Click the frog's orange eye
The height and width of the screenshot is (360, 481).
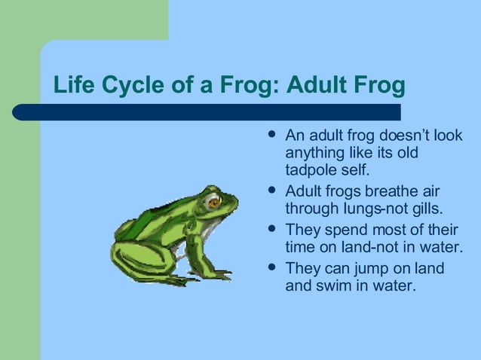click(x=214, y=202)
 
